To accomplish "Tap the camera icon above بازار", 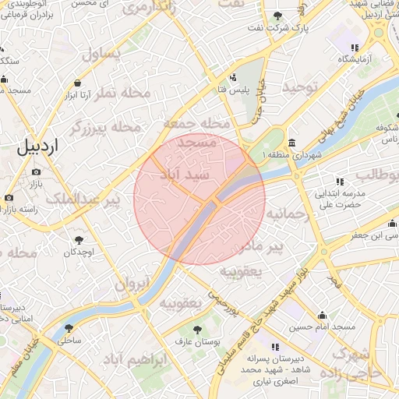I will pyautogui.click(x=36, y=172).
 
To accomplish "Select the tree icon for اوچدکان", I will pyautogui.click(x=79, y=240).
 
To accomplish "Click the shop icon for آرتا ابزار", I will pyautogui.click(x=77, y=83).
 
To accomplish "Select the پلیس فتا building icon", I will pyautogui.click(x=233, y=77).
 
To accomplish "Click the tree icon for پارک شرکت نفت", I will pyautogui.click(x=279, y=16).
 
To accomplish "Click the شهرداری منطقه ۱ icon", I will pyautogui.click(x=291, y=143).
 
